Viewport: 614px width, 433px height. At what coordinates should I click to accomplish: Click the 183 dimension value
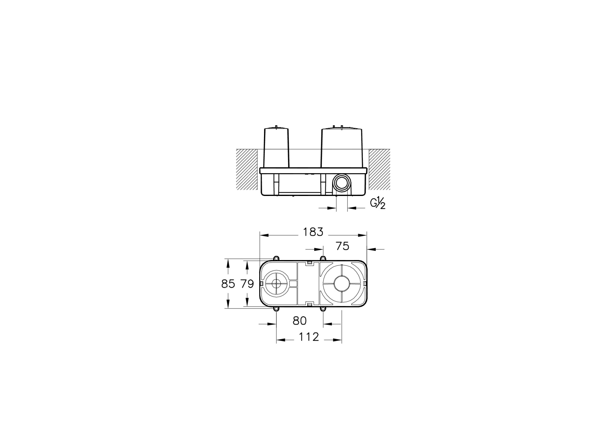(313, 232)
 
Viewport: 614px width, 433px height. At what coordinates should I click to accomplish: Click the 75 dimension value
(342, 246)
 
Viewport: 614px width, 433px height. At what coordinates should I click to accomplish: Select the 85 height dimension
(228, 284)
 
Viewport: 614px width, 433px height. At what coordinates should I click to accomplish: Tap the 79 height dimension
(247, 284)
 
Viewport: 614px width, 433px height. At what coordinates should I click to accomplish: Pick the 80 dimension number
(300, 321)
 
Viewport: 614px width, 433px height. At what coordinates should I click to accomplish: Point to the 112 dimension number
(309, 337)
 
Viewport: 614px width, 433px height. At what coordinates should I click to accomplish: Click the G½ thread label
(378, 204)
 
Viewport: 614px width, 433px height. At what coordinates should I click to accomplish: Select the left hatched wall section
(247, 169)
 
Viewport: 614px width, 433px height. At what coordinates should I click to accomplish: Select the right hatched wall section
(379, 169)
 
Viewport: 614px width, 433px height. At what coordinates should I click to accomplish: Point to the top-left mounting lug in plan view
(276, 258)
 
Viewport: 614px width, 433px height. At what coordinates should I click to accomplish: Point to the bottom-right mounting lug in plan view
(323, 309)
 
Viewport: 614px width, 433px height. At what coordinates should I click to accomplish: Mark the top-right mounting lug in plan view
(323, 258)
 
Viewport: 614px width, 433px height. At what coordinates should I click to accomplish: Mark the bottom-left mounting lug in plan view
(276, 309)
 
